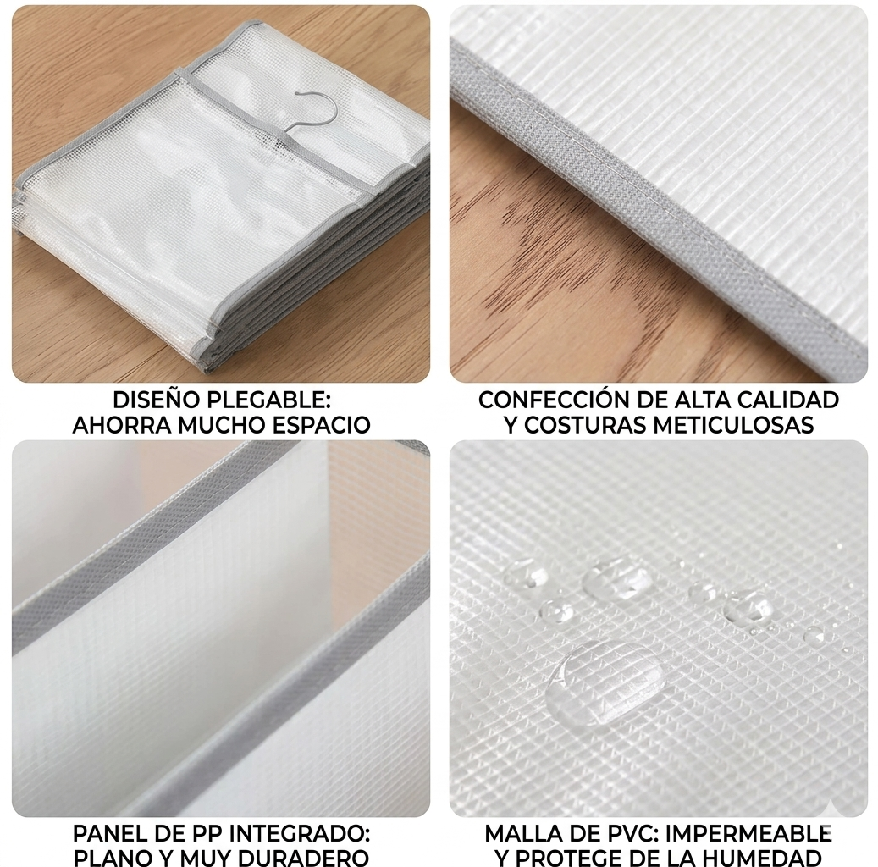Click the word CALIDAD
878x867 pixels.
pos(787,400)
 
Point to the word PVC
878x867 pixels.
pos(620,834)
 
